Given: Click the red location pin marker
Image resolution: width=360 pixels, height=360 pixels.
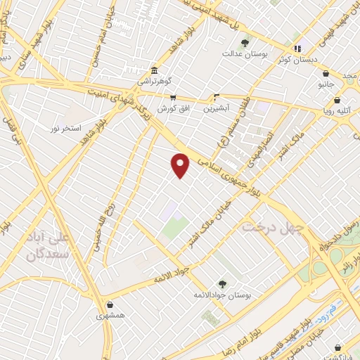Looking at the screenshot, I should (181, 165).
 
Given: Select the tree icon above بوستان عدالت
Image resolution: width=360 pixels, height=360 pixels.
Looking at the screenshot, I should (245, 43).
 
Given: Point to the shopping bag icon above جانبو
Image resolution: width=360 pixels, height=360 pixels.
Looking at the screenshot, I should (326, 72).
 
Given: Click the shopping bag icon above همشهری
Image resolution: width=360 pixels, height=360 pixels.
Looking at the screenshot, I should (110, 304).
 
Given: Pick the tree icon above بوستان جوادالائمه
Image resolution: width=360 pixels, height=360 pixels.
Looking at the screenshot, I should (222, 283).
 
